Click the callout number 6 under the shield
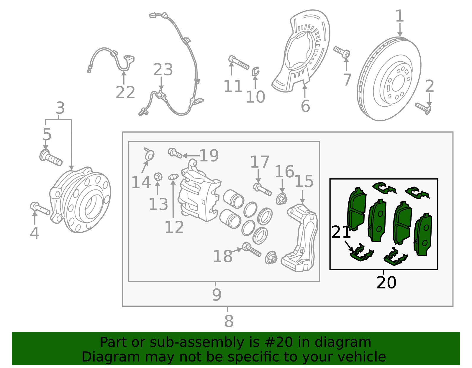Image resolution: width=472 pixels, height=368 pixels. [305, 106]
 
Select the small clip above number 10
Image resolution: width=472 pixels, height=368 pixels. [255, 71]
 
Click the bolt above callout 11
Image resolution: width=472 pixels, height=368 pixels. [239, 62]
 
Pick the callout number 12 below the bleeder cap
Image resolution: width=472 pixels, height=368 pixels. [174, 227]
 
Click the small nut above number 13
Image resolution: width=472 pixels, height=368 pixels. [158, 176]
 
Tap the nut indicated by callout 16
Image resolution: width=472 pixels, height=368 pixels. [282, 199]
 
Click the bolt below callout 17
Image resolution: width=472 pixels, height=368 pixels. [262, 189]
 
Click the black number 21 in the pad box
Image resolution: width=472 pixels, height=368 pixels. [341, 232]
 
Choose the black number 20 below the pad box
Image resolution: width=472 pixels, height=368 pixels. [386, 283]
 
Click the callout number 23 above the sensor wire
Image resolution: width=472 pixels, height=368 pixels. [163, 70]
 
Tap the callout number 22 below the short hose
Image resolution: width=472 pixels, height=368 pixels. [125, 93]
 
